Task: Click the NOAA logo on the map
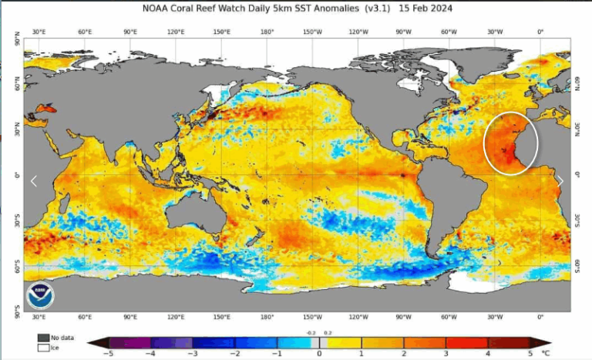(x=39, y=294)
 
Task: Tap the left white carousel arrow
(x=33, y=181)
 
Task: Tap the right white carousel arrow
(x=560, y=181)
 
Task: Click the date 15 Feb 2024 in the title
(x=426, y=8)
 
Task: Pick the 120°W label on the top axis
(x=357, y=32)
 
